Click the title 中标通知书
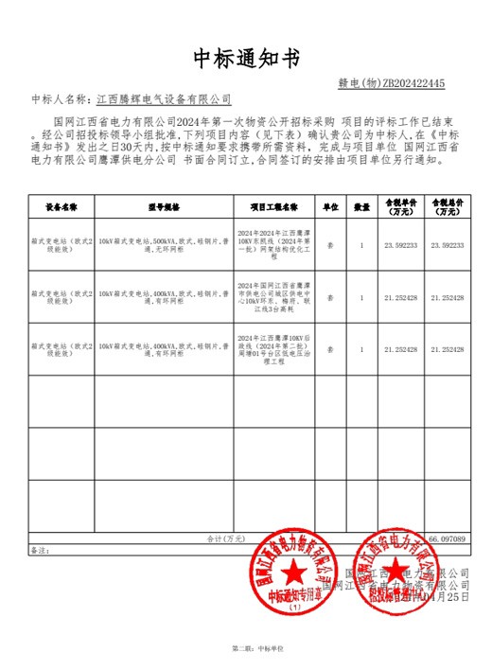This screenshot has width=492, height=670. (x=245, y=59)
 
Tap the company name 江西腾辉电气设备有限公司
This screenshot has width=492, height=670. (x=164, y=98)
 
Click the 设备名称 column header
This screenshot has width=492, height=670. (x=61, y=205)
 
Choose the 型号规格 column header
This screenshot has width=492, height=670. (x=163, y=205)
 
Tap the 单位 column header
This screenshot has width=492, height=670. (x=331, y=205)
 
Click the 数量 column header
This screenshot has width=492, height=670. (x=361, y=205)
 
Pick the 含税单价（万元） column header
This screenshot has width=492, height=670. (x=401, y=205)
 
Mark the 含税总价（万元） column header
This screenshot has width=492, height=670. (x=448, y=205)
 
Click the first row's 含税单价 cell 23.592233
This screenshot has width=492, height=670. (x=401, y=245)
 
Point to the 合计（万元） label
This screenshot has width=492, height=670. (x=226, y=538)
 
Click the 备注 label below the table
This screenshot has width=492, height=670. (x=39, y=549)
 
